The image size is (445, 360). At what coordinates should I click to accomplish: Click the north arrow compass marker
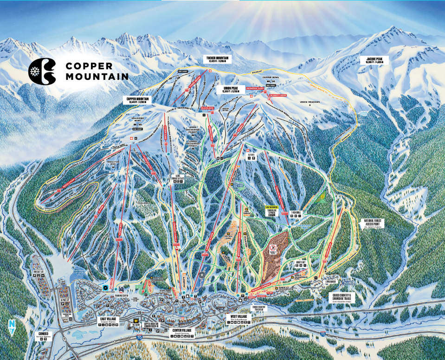tap(11, 327)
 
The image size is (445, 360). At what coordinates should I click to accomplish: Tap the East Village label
tap(110, 319)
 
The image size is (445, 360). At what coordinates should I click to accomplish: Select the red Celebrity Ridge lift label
tap(277, 96)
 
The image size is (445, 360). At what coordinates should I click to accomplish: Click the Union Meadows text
tap(310, 102)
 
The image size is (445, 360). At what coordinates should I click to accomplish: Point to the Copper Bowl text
tap(271, 78)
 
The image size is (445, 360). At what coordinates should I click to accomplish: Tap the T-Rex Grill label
tap(296, 213)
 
